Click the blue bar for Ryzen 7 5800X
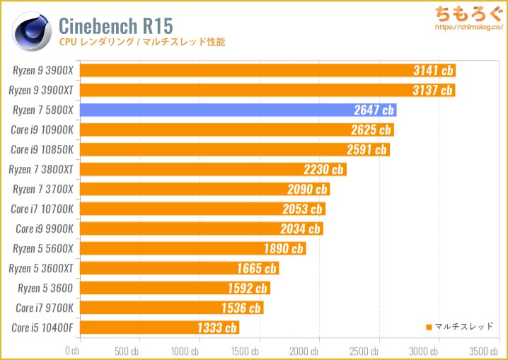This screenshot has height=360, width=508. (x=238, y=110)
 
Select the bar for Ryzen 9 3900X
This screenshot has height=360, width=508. (x=267, y=70)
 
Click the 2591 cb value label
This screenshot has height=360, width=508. (x=367, y=149)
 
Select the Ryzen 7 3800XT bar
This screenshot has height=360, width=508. (x=213, y=169)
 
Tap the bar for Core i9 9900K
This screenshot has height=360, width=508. (x=201, y=228)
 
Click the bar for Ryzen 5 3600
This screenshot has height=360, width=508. (x=175, y=288)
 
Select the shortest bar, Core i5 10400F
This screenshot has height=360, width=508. (x=159, y=327)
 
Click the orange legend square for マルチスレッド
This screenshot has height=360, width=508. (x=429, y=327)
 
